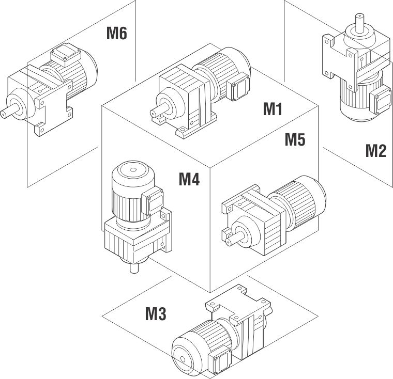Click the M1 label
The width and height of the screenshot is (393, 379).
click(x=272, y=109)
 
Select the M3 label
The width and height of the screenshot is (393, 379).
click(x=155, y=313)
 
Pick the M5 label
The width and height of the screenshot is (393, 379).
click(x=295, y=140)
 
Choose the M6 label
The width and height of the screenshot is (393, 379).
click(x=116, y=34)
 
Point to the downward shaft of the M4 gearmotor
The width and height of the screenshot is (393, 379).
click(x=133, y=267)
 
